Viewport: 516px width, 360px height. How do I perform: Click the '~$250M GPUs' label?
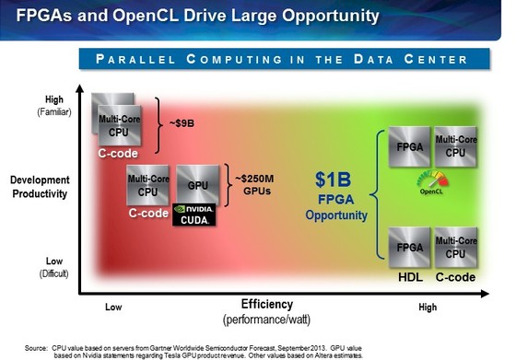[255, 185]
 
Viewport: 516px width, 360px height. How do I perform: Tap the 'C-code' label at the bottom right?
[455, 276]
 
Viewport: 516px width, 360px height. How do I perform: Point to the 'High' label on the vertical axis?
[29, 99]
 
